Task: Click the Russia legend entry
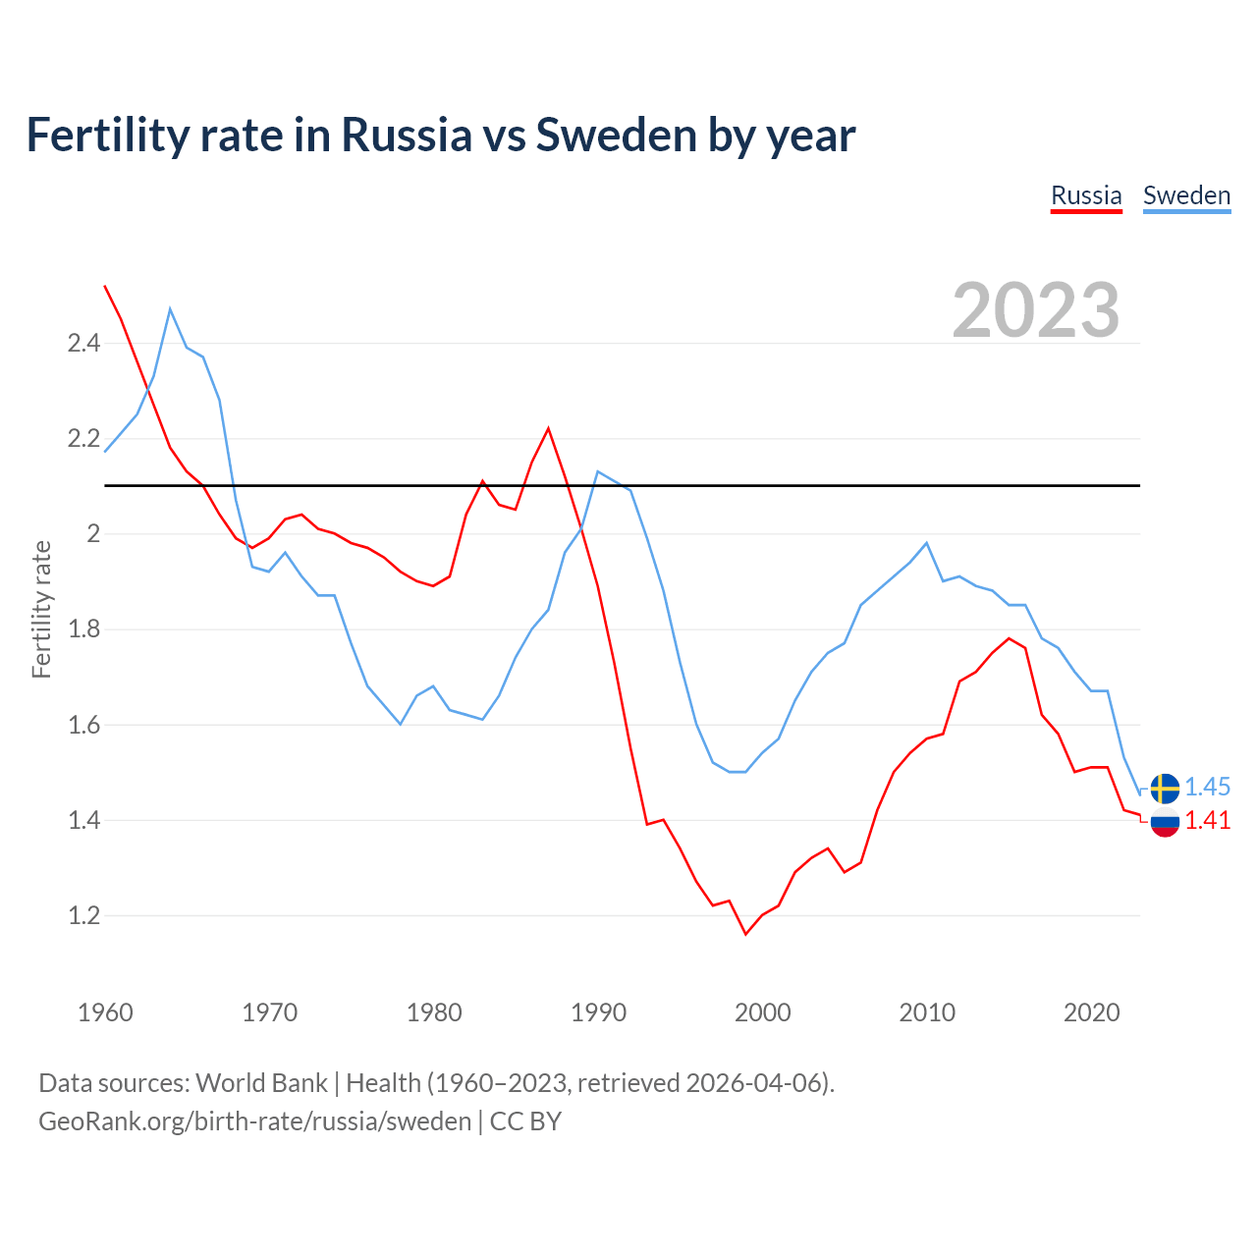[x=1086, y=195]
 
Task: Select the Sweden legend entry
[x=1186, y=195]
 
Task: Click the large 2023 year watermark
[x=1036, y=310]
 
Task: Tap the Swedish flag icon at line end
[x=1165, y=788]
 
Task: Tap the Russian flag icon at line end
[x=1165, y=822]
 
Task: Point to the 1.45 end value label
[x=1207, y=787]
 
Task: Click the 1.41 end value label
[x=1207, y=820]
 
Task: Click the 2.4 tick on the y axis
[x=83, y=344]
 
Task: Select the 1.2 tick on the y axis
[x=83, y=916]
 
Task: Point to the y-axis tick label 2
[x=94, y=534]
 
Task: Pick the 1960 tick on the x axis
[x=105, y=1012]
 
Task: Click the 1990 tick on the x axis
[x=598, y=1012]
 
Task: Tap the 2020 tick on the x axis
[x=1091, y=1012]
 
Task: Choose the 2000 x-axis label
[x=762, y=1012]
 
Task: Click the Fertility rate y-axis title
[x=41, y=609]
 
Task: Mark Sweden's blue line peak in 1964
[x=170, y=309]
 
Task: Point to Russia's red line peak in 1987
[x=548, y=428]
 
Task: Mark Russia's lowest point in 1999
[x=745, y=933]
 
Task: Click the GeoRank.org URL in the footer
[x=254, y=1121]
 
